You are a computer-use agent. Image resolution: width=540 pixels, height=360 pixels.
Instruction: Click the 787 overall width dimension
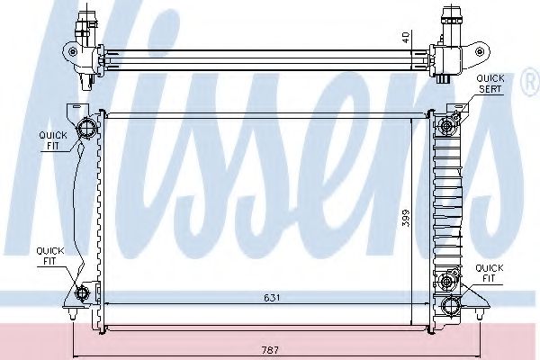click(x=270, y=350)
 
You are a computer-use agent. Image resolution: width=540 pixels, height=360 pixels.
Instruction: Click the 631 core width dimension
click(x=272, y=298)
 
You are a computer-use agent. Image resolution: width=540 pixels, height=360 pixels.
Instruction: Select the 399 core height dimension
click(x=407, y=218)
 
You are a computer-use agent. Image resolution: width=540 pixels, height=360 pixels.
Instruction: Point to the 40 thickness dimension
click(x=407, y=37)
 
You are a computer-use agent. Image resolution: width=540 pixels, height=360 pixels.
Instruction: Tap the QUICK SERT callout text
click(x=490, y=84)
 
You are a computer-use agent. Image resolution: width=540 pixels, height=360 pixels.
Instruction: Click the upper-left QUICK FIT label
click(x=53, y=140)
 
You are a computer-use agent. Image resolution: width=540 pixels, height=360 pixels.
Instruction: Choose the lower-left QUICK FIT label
click(x=50, y=256)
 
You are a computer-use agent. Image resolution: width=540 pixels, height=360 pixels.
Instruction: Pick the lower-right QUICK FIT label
click(x=490, y=274)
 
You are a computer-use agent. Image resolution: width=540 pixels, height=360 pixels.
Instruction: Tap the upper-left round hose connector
click(x=86, y=128)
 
